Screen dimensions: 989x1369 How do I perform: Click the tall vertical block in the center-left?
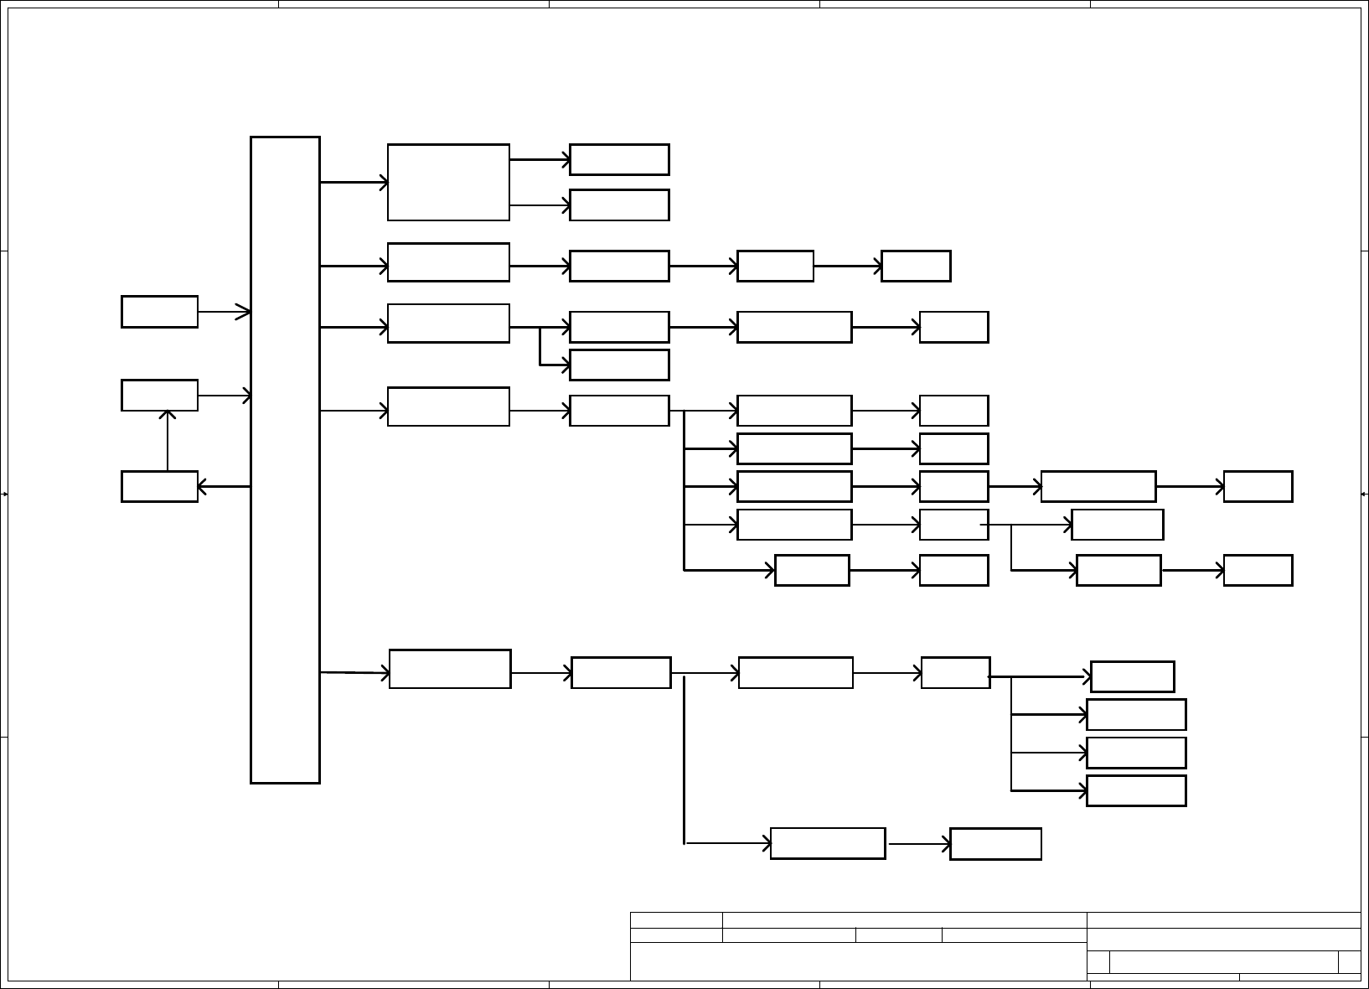pyautogui.click(x=285, y=459)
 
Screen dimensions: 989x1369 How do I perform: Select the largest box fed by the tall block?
pyautogui.click(x=448, y=182)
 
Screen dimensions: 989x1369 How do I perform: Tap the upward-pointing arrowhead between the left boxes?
pyautogui.click(x=168, y=415)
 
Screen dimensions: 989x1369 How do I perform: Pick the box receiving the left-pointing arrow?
pyautogui.click(x=159, y=486)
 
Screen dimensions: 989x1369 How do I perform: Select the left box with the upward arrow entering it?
pyautogui.click(x=159, y=395)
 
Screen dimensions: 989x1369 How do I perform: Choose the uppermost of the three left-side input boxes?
pyautogui.click(x=159, y=311)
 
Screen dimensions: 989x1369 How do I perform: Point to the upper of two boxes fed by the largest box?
pyautogui.click(x=619, y=159)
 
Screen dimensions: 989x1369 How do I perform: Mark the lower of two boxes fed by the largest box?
pyautogui.click(x=619, y=205)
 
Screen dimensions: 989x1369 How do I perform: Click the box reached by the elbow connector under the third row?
pyautogui.click(x=619, y=365)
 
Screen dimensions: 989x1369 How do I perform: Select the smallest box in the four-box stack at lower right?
pyautogui.click(x=1132, y=676)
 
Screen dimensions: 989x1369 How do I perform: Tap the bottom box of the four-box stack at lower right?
pyautogui.click(x=1136, y=790)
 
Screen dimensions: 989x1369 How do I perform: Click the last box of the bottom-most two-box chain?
pyautogui.click(x=995, y=844)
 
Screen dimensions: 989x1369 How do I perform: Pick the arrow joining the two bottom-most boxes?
pyautogui.click(x=918, y=844)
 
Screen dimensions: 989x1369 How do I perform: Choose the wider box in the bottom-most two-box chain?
pyautogui.click(x=827, y=844)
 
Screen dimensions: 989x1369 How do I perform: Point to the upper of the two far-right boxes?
pyautogui.click(x=1258, y=486)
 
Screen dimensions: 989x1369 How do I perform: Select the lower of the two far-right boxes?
pyautogui.click(x=1258, y=570)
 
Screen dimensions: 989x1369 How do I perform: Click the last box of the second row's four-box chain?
pyautogui.click(x=916, y=266)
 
